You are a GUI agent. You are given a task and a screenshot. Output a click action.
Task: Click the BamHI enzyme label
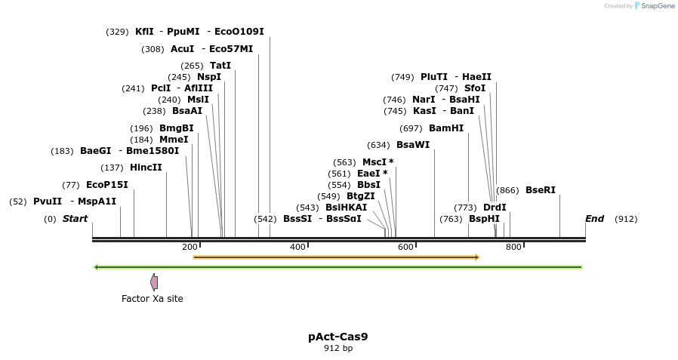click(445, 128)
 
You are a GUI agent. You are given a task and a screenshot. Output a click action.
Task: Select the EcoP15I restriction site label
click(107, 185)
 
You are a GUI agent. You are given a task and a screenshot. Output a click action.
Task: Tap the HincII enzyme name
click(146, 168)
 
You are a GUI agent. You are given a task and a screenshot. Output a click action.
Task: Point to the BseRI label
click(541, 190)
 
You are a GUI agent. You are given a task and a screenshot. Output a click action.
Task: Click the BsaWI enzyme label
click(413, 145)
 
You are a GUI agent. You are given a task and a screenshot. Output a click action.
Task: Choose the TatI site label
click(220, 66)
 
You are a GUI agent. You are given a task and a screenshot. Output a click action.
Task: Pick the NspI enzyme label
click(209, 77)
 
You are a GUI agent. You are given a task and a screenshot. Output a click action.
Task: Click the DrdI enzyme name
click(495, 208)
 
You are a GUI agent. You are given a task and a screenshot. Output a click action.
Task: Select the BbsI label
click(369, 185)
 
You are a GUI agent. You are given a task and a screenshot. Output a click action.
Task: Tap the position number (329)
click(117, 32)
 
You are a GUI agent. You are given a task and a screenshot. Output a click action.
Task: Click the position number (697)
click(411, 129)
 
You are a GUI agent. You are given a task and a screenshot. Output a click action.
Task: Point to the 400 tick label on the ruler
click(297, 247)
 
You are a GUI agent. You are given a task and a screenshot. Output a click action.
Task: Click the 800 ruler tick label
click(513, 247)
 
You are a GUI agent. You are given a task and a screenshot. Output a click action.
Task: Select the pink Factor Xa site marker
click(154, 282)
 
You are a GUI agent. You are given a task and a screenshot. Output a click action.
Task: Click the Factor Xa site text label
click(153, 299)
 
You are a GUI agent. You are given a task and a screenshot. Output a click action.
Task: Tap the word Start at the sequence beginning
click(76, 219)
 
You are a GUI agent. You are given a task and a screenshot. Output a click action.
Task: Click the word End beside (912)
click(594, 219)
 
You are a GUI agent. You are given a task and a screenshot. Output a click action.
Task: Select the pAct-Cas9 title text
click(338, 337)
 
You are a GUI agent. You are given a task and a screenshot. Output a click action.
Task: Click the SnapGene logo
click(655, 5)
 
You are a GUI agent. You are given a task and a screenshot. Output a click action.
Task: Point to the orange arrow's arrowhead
click(478, 257)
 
